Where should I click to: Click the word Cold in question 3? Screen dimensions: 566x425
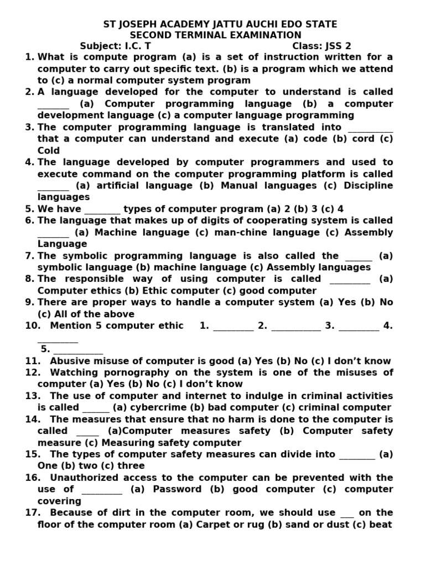coord(49,151)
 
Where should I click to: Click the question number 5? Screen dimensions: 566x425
coord(30,209)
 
